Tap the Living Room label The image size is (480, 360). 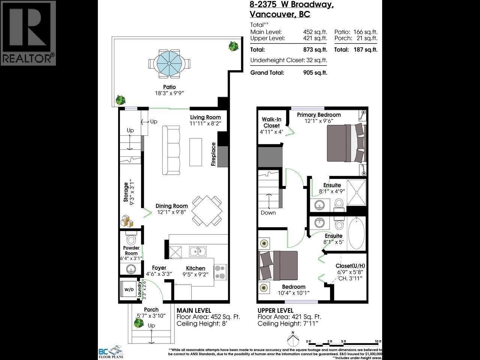point(205,117)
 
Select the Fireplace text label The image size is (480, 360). point(213,154)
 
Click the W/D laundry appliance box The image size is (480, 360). point(129,289)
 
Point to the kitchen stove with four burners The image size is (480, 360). point(220,272)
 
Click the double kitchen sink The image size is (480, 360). point(197,251)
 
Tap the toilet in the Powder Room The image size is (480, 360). point(131,239)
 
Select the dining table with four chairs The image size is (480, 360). point(206,210)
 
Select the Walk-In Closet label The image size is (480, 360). point(271,123)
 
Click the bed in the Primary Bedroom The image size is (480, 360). point(345,143)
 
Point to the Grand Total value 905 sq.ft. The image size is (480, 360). point(315,73)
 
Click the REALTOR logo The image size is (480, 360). point(28,33)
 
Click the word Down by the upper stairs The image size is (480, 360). point(268,213)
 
